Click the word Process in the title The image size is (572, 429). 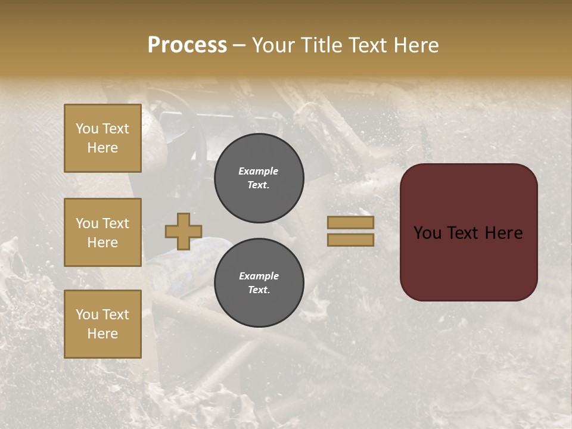(187, 45)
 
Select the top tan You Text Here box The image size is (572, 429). (102, 138)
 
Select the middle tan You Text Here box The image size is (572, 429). (102, 232)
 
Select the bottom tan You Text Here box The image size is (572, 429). (102, 324)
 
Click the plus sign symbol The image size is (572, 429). (184, 231)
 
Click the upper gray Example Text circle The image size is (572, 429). (259, 178)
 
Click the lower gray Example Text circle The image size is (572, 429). (259, 283)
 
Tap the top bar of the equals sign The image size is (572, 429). (350, 222)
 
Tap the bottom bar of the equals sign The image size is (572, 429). (350, 240)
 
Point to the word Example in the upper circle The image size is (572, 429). (259, 171)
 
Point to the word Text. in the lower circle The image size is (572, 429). (259, 290)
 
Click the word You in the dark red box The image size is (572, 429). (427, 233)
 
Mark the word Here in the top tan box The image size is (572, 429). (102, 148)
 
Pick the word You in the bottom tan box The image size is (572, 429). (87, 315)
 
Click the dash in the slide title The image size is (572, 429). (239, 46)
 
